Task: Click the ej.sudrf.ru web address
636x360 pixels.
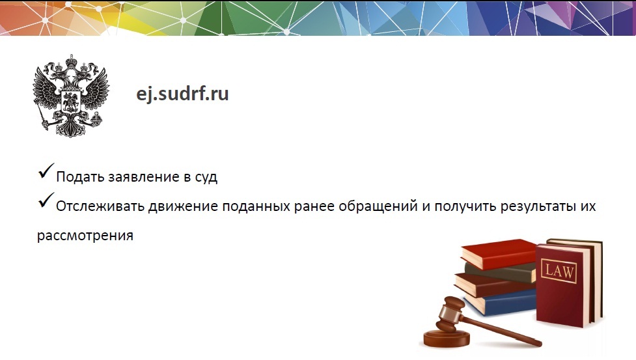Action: click(x=182, y=94)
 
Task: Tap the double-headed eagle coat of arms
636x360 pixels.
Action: click(x=71, y=96)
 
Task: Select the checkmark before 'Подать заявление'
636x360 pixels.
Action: click(x=46, y=171)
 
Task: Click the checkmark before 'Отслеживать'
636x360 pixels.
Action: click(x=46, y=201)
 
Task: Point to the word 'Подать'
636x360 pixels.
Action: click(x=80, y=177)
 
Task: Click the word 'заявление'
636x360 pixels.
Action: click(x=144, y=177)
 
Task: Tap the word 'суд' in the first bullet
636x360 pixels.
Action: click(x=206, y=178)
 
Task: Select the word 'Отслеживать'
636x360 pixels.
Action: click(x=100, y=206)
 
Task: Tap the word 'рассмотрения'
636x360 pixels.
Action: click(x=85, y=236)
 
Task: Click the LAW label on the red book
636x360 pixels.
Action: click(x=559, y=270)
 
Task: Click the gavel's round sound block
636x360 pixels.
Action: click(x=446, y=339)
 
